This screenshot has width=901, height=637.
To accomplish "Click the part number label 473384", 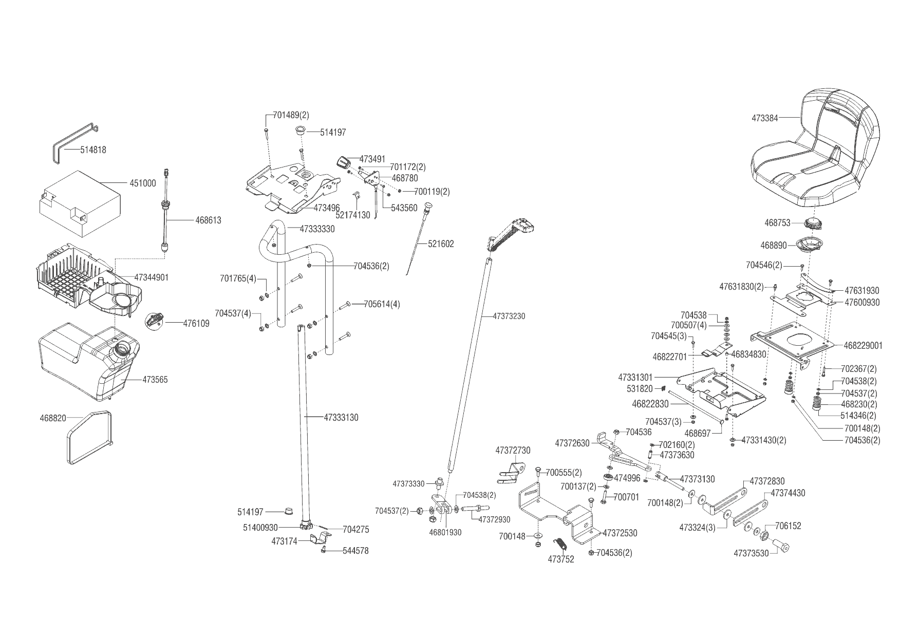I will click(x=764, y=118).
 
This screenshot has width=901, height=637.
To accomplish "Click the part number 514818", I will click(x=93, y=150).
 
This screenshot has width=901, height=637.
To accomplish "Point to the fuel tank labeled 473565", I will click(x=85, y=362).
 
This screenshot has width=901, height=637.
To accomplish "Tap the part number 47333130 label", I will click(x=341, y=418).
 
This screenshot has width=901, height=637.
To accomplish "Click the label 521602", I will click(x=441, y=244).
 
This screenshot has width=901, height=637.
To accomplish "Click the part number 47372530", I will click(x=620, y=533).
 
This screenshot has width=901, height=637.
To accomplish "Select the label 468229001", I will click(x=862, y=346).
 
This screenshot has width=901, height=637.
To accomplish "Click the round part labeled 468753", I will click(x=813, y=224).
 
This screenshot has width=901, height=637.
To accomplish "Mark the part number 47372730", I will click(x=513, y=451).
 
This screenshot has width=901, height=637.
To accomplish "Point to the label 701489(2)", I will click(x=291, y=115).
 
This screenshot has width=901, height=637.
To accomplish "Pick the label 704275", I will click(x=355, y=530).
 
